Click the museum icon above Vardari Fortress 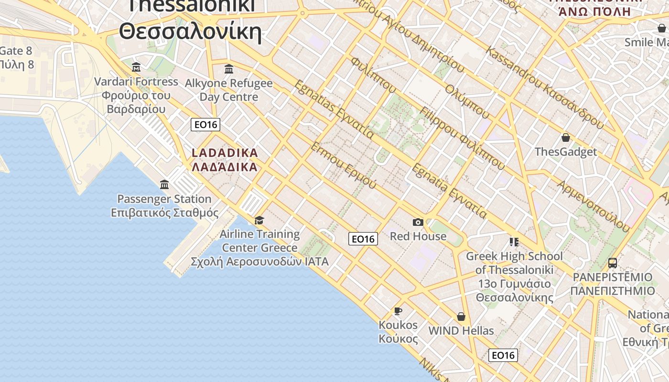tap(136, 67)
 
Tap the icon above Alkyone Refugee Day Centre tap(229, 69)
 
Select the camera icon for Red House tap(418, 222)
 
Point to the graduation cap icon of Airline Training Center tap(259, 220)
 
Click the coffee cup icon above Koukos tap(398, 311)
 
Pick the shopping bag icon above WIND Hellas tap(461, 317)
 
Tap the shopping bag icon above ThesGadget tap(566, 138)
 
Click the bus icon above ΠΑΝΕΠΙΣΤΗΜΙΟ tap(613, 263)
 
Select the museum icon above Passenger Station tap(164, 184)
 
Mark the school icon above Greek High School tap(514, 242)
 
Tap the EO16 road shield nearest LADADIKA tap(205, 125)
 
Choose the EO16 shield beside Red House tap(363, 239)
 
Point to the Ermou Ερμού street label tap(343, 165)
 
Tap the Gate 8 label tap(16, 51)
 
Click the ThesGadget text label tap(566, 152)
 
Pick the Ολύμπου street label tap(467, 101)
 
